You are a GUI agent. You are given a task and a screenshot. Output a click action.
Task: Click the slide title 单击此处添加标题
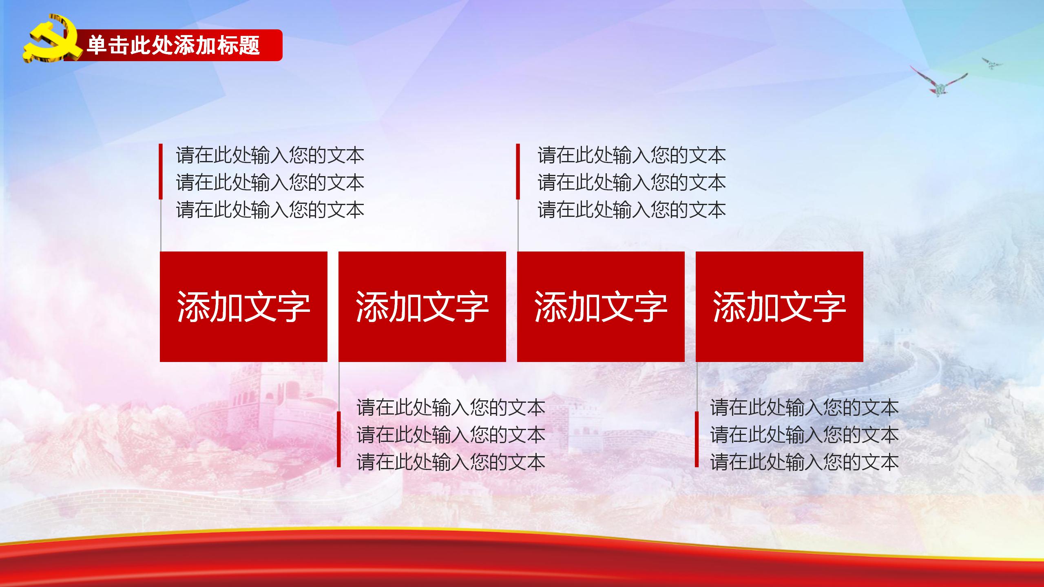pyautogui.click(x=173, y=45)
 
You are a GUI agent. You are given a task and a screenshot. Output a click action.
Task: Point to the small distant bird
pyautogui.click(x=992, y=63)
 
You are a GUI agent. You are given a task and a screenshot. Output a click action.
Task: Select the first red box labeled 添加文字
pyautogui.click(x=243, y=307)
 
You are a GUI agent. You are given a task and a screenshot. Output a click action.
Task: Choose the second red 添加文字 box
pyautogui.click(x=422, y=307)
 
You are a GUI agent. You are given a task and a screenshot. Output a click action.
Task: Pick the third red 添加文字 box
pyautogui.click(x=601, y=307)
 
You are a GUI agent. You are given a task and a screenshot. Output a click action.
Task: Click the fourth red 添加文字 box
pyautogui.click(x=779, y=307)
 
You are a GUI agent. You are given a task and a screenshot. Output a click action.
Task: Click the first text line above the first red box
pyautogui.click(x=270, y=155)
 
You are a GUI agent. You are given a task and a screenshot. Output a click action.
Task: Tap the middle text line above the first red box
pyautogui.click(x=270, y=183)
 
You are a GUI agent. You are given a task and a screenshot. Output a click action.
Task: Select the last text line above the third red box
pyautogui.click(x=632, y=210)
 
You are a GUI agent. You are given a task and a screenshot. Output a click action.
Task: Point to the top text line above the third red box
pyautogui.click(x=632, y=155)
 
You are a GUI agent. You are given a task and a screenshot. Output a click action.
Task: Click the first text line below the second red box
pyautogui.click(x=451, y=408)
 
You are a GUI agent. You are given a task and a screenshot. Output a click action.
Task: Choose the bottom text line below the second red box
pyautogui.click(x=451, y=462)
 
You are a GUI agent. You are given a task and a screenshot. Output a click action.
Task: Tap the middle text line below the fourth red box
pyautogui.click(x=804, y=435)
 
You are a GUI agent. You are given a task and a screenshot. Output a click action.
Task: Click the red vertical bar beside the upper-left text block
pyautogui.click(x=161, y=171)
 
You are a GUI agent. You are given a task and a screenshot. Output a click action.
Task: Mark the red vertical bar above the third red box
pyautogui.click(x=518, y=171)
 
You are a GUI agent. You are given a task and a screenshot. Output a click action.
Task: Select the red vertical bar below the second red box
pyautogui.click(x=339, y=439)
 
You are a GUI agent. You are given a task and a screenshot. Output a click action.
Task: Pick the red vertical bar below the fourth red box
pyautogui.click(x=697, y=439)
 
